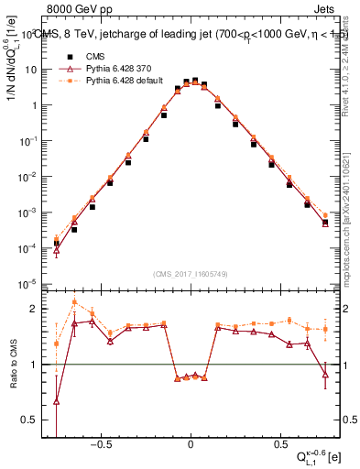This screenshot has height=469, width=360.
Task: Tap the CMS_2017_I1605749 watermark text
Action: (x=191, y=274)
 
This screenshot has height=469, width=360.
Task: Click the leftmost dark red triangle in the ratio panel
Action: (x=57, y=400)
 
